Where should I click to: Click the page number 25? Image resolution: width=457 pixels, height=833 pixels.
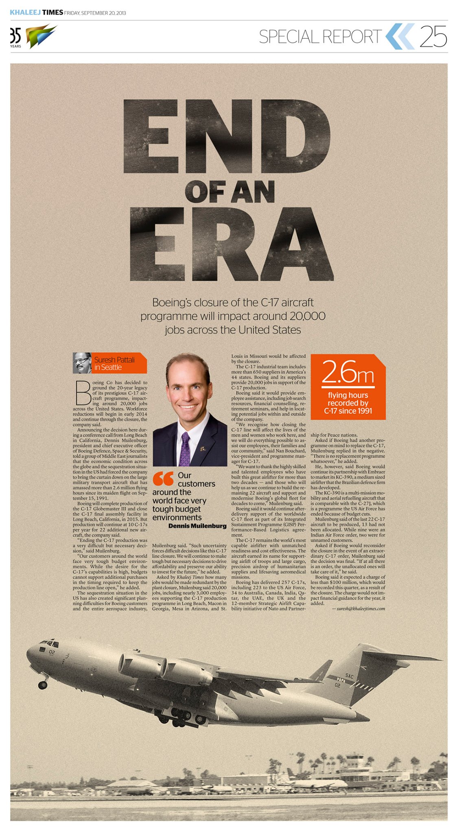(433, 37)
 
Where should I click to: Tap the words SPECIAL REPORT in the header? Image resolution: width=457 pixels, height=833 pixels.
(320, 37)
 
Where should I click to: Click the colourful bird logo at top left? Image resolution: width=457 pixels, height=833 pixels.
(41, 36)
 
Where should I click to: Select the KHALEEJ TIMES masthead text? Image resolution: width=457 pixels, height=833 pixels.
(36, 13)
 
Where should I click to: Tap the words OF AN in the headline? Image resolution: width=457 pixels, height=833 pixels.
(230, 192)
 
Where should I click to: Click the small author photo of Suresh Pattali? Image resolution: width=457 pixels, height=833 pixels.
(82, 363)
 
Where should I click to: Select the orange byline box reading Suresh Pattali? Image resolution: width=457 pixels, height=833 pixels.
(118, 363)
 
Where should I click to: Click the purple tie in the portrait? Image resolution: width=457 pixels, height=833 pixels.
(185, 449)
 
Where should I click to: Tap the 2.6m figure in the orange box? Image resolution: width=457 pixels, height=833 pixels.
(348, 372)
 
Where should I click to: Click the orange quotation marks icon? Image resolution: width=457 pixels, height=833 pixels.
(163, 479)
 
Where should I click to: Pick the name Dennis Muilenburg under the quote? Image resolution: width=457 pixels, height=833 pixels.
(197, 526)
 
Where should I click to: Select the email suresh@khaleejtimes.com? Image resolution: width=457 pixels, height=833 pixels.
(361, 608)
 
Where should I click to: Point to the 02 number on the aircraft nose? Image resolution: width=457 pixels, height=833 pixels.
(52, 652)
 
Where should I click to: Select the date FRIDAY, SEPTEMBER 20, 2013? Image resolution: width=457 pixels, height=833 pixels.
(95, 13)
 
